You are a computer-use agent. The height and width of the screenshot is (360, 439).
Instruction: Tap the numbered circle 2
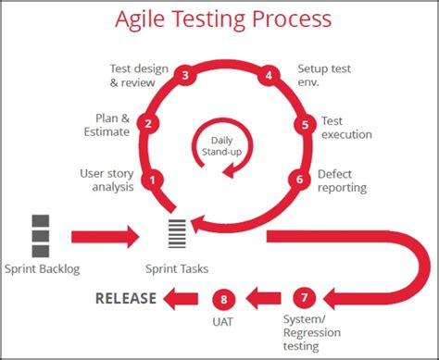point(147,122)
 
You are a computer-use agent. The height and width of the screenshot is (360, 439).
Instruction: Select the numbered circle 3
point(186,76)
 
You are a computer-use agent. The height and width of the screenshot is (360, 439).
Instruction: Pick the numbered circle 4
point(270,76)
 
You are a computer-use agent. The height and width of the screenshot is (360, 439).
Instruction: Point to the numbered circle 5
point(304,125)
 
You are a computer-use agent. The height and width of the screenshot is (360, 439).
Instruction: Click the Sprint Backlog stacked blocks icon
point(41,235)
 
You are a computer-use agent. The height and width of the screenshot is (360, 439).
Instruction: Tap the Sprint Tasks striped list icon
point(176,235)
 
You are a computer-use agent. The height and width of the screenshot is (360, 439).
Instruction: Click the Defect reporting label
point(342,180)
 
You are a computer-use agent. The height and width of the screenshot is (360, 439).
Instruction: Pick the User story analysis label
point(107,180)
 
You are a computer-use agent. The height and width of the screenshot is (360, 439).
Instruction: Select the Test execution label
point(345,128)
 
